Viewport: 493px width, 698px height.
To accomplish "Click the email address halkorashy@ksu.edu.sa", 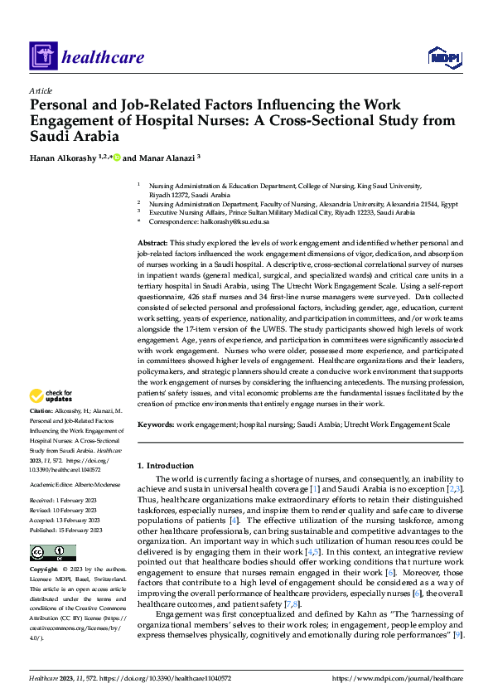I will point(233,222).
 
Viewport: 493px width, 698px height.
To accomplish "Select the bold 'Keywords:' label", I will point(157,424).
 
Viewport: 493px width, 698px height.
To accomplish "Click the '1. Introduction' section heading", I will point(166,466).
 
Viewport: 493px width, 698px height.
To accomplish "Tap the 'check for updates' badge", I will point(51,396).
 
